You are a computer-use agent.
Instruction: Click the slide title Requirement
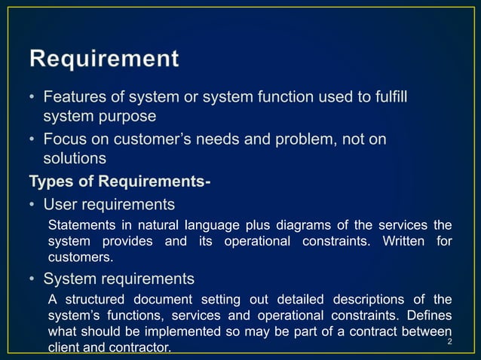(105, 59)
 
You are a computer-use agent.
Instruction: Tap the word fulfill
(393, 98)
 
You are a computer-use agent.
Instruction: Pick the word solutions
(75, 158)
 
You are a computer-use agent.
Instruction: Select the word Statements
(81, 225)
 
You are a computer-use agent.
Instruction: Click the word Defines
(428, 316)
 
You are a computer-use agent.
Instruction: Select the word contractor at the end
(142, 348)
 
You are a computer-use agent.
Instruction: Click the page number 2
(449, 343)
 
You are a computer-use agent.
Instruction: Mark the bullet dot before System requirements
(32, 279)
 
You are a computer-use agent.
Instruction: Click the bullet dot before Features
(32, 99)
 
